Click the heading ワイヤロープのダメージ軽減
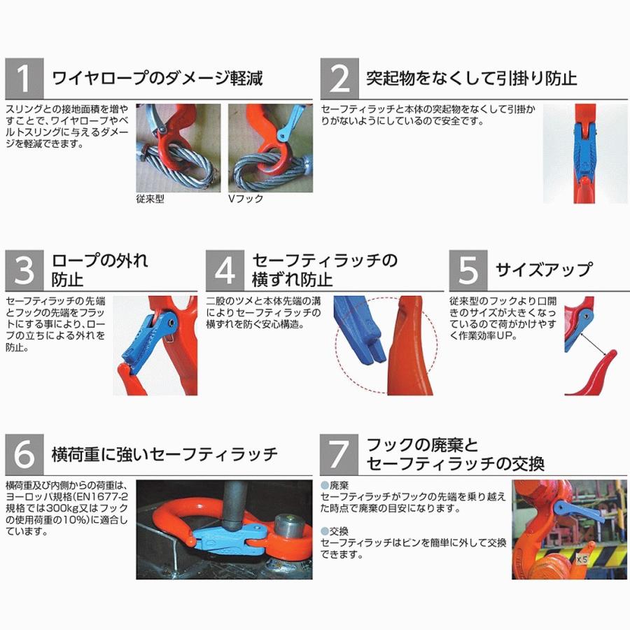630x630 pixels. (157, 78)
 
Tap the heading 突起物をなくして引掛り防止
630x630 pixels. (472, 78)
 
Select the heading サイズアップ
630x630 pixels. (543, 269)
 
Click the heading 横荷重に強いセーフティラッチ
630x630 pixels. (165, 455)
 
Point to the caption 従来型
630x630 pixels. (150, 199)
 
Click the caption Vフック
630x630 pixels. (246, 199)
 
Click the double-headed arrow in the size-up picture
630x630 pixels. (592, 345)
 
